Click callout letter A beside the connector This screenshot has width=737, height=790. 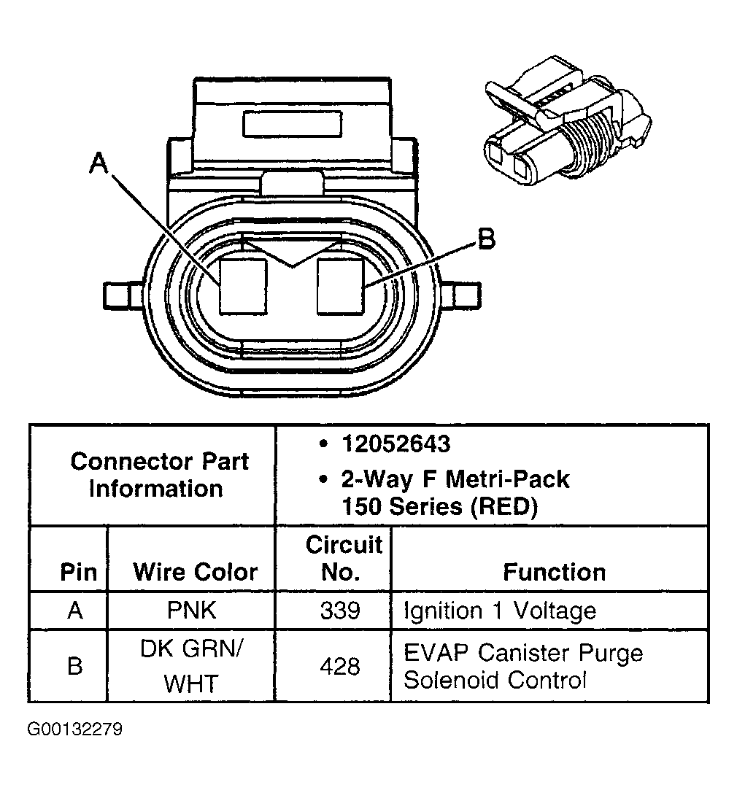click(99, 163)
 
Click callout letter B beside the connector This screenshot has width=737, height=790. click(486, 239)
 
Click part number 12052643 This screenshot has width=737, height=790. click(395, 444)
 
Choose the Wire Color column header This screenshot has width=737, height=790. click(196, 572)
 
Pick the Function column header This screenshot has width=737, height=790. click(555, 572)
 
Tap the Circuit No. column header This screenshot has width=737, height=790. click(342, 559)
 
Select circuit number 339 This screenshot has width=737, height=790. click(339, 610)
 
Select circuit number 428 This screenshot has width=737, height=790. click(339, 666)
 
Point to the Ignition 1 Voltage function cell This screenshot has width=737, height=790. click(500, 610)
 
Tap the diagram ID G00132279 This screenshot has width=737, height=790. click(75, 729)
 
